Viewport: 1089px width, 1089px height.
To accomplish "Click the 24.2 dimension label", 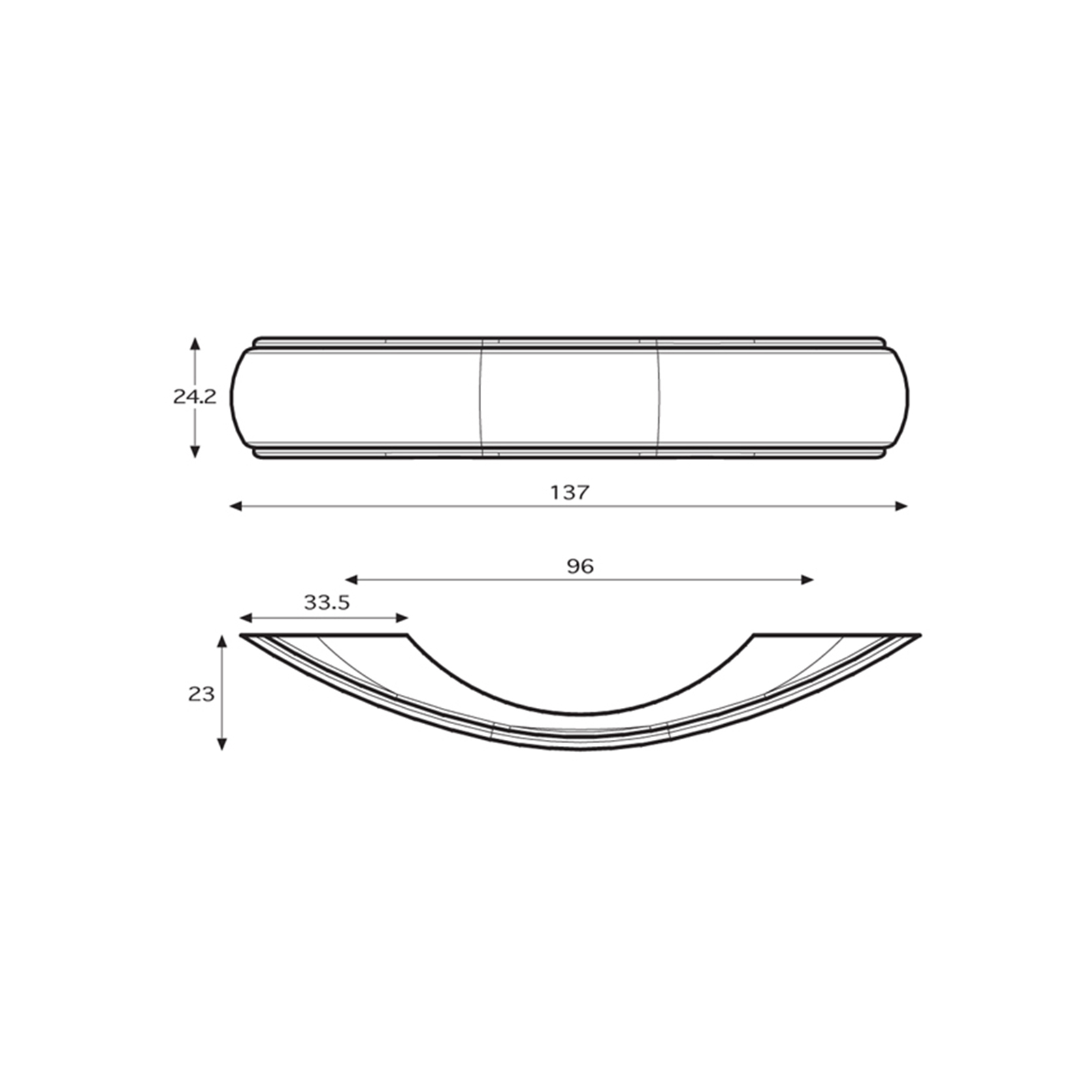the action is (195, 397).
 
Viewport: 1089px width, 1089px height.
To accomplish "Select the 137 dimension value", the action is (570, 492).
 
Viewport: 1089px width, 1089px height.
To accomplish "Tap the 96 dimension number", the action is (580, 566).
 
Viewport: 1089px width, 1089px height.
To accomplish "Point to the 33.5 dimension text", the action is (327, 602).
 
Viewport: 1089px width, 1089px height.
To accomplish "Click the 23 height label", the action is (201, 694).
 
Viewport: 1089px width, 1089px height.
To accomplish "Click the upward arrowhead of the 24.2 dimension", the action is (195, 344).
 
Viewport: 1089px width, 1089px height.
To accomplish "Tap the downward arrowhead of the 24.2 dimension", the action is (195, 451).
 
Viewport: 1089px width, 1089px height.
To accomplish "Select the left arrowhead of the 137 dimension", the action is (236, 506).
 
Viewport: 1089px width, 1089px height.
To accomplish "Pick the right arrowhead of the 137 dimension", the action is (901, 506).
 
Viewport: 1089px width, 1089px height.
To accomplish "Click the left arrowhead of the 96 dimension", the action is (351, 580).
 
